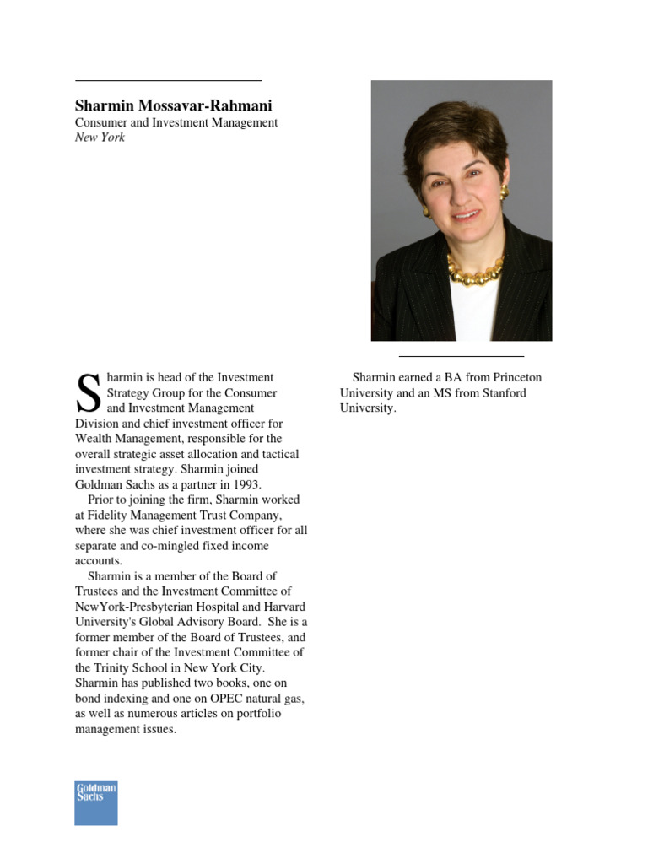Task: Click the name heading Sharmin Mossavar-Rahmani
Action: (174, 105)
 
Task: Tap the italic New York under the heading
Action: (100, 138)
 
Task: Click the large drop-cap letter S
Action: (88, 393)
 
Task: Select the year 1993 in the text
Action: (246, 484)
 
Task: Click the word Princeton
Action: (510, 377)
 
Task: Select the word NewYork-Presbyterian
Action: (134, 607)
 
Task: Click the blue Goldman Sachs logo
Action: (95, 802)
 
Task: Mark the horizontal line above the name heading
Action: (168, 81)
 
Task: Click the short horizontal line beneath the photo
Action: (461, 357)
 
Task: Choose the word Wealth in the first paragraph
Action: (95, 439)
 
